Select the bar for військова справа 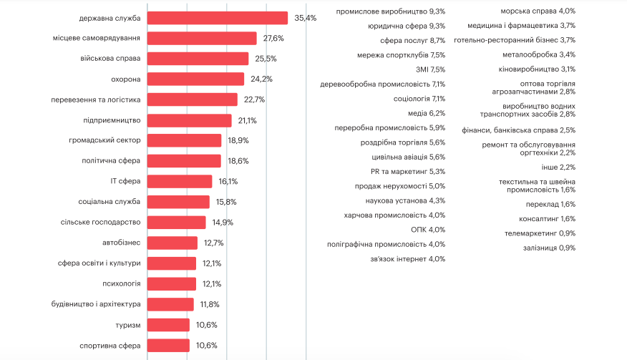click(198, 59)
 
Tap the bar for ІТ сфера click(180, 182)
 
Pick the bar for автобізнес click(172, 243)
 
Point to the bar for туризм click(169, 325)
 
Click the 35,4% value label click(305, 18)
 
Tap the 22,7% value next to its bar click(254, 99)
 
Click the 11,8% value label click(210, 305)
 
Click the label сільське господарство click(101, 223)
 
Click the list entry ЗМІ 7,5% click(430, 69)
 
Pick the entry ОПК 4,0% click(428, 230)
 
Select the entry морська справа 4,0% click(538, 11)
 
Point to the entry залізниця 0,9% click(548, 248)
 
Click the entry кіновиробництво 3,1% click(537, 69)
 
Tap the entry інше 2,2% click(558, 167)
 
